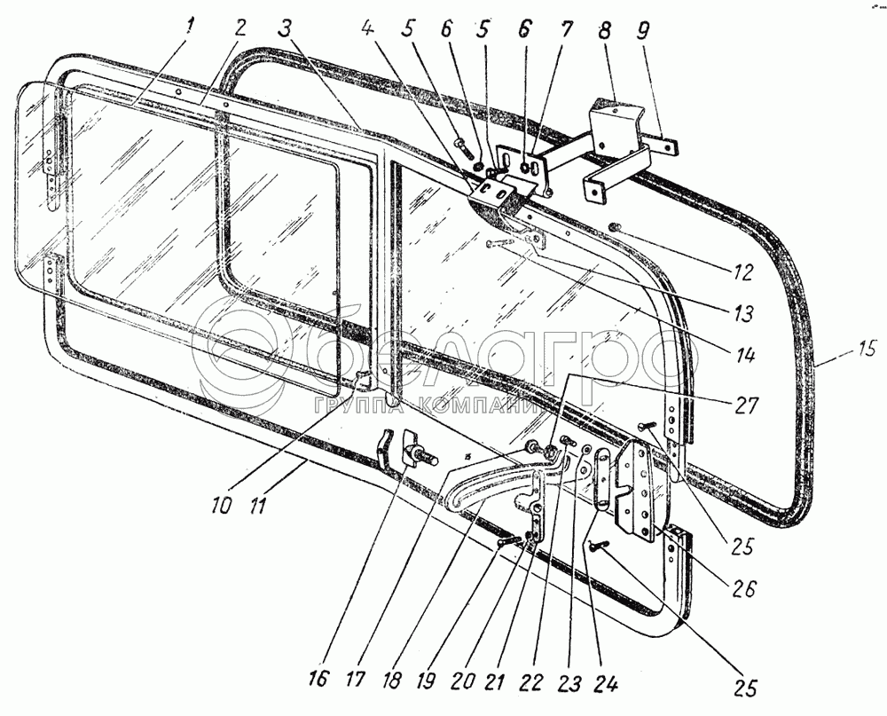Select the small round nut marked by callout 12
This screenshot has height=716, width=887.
(x=613, y=232)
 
